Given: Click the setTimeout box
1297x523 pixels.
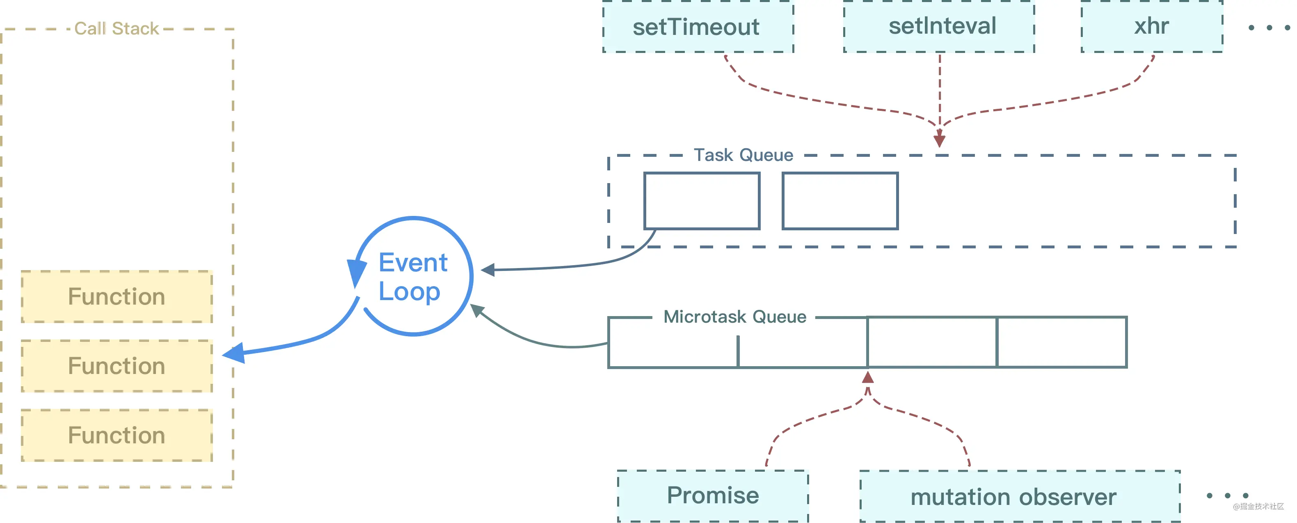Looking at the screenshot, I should pyautogui.click(x=698, y=27).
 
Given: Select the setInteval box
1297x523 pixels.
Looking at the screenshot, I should pyautogui.click(x=939, y=26).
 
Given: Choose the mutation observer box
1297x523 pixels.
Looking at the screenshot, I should pyautogui.click(x=1020, y=497).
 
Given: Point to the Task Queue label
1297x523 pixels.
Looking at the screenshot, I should pyautogui.click(x=743, y=155).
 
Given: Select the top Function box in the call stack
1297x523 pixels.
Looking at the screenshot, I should pyautogui.click(x=117, y=297).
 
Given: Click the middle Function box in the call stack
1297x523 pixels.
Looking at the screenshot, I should pyautogui.click(x=117, y=366).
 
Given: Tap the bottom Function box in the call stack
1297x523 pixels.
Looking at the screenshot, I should pyautogui.click(x=117, y=435).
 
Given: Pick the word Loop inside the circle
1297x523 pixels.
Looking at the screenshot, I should pyautogui.click(x=409, y=292).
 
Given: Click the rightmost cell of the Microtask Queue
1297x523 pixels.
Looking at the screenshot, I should pyautogui.click(x=1062, y=342).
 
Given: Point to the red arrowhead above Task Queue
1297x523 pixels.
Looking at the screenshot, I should pyautogui.click(x=940, y=140).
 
